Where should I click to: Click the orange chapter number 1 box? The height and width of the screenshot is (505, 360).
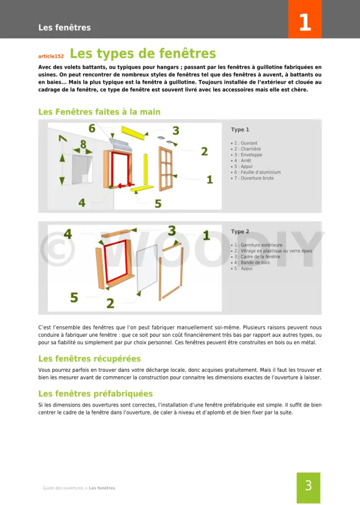click(x=304, y=22)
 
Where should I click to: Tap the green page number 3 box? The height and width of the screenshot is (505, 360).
click(x=308, y=486)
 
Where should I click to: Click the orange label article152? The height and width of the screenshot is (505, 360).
click(x=51, y=56)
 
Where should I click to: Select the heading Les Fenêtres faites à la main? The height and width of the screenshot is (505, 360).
click(x=99, y=112)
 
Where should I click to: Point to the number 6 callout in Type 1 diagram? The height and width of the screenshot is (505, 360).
click(x=92, y=129)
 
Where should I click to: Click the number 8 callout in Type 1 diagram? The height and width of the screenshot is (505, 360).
click(x=83, y=145)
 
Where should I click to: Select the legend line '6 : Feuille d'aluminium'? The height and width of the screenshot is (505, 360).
click(x=258, y=172)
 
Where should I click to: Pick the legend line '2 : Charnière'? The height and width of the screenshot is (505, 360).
click(x=247, y=149)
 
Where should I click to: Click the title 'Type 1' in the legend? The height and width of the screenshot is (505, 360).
click(x=240, y=130)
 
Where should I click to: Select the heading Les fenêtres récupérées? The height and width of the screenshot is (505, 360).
click(x=89, y=358)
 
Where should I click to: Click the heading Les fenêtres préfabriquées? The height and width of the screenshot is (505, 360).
click(x=95, y=394)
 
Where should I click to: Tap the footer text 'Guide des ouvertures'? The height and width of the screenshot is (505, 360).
click(x=63, y=488)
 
